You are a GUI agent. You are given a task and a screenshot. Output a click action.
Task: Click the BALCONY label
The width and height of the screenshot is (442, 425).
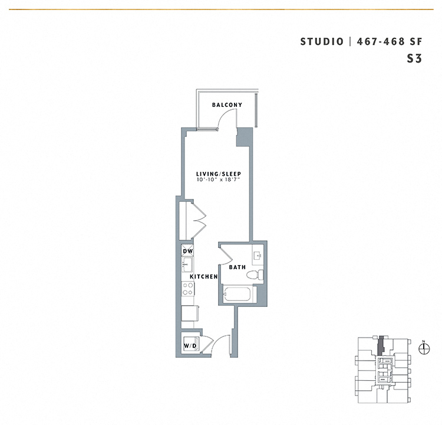coord(227,105)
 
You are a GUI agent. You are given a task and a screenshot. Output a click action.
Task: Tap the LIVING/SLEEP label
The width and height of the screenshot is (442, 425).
coord(219,174)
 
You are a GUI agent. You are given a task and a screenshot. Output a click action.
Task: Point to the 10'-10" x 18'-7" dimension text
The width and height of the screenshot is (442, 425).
coord(219,179)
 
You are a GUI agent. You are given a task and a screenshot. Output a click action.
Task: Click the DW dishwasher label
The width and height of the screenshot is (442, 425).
coord(187,251)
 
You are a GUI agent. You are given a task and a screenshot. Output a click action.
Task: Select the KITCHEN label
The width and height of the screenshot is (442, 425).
coord(204,276)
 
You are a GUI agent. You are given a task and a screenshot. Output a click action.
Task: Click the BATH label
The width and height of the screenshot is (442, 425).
coord(237,267)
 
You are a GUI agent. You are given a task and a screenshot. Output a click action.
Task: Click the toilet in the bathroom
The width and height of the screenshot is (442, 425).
coord(254,274)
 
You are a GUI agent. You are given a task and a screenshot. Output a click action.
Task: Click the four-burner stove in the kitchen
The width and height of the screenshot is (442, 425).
coord(188,289)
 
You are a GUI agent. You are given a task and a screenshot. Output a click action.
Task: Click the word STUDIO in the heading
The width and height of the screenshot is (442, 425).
coord(322,41)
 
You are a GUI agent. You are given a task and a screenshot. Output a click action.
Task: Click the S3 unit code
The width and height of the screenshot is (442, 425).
coord(414,58)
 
